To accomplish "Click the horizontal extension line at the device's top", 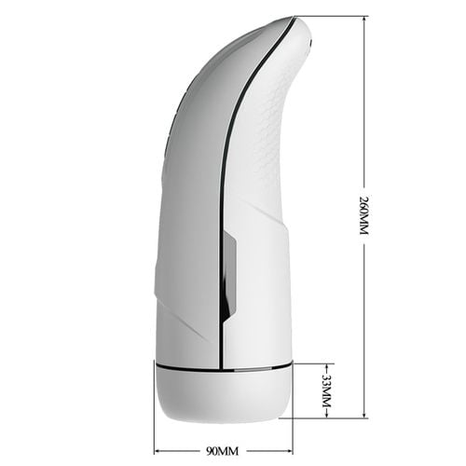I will (x=336, y=16).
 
